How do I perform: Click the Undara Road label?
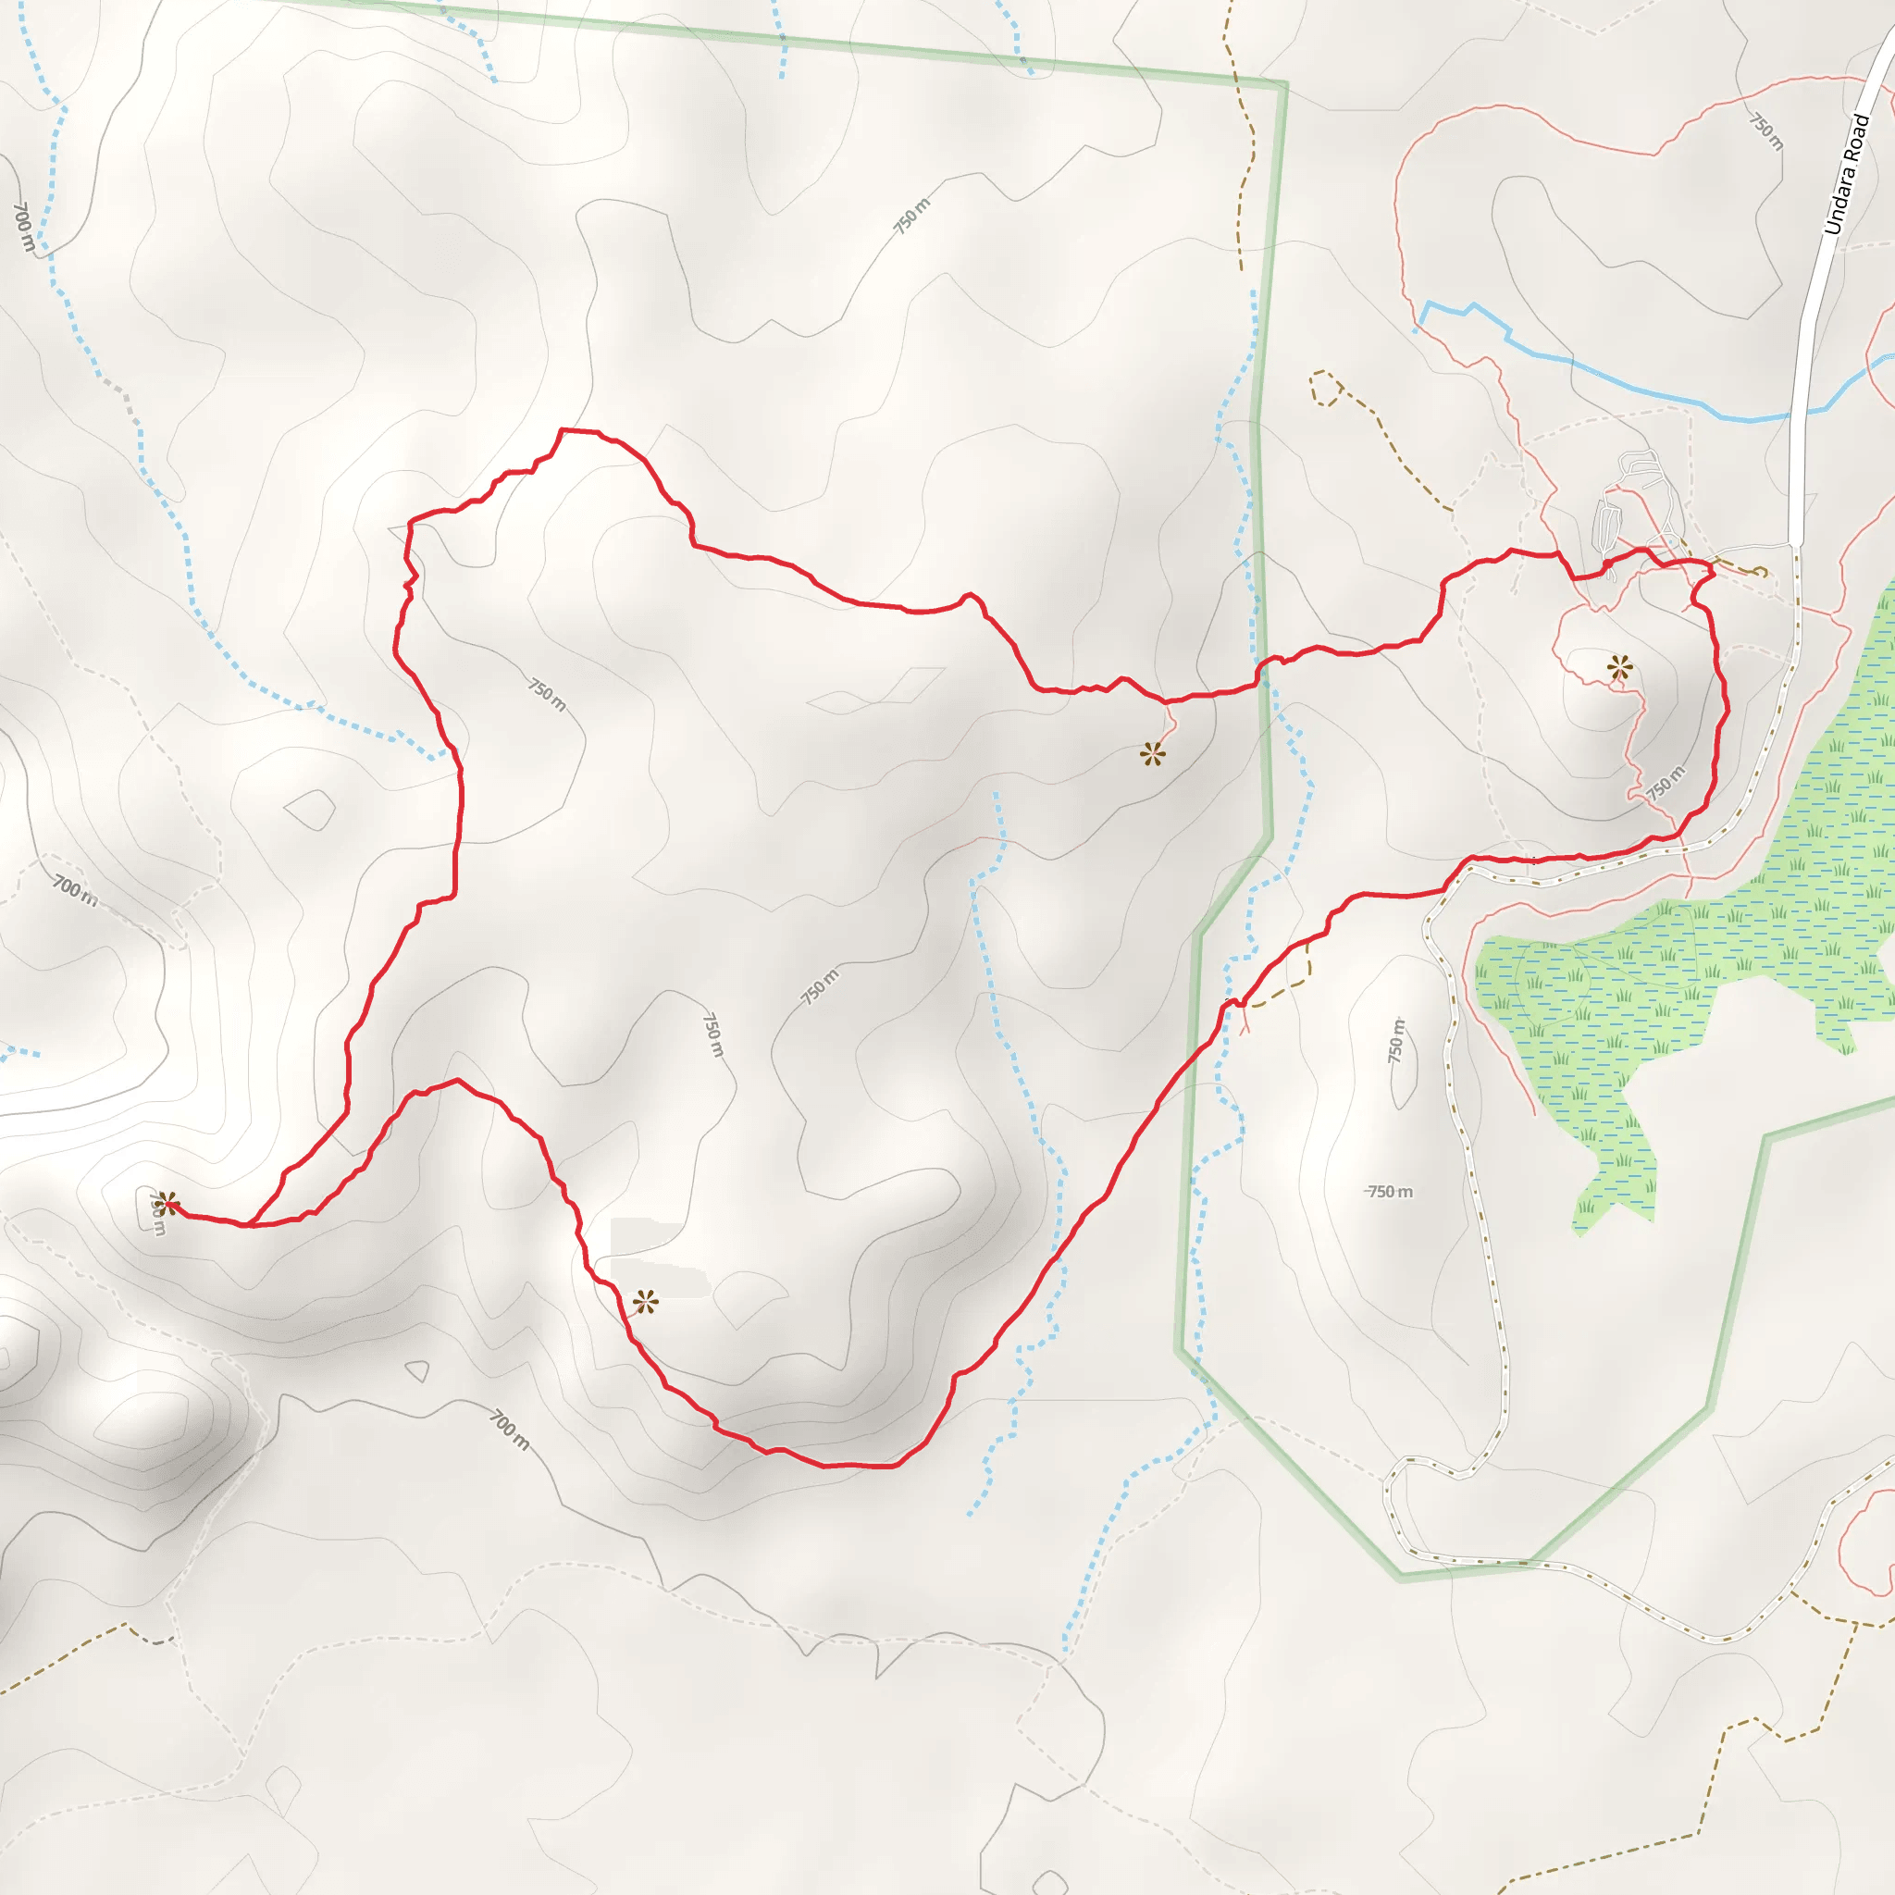(x=1847, y=175)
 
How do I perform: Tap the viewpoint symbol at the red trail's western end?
(x=166, y=1204)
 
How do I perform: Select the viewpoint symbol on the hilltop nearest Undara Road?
(x=1619, y=669)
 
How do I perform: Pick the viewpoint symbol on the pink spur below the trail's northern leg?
(x=1153, y=754)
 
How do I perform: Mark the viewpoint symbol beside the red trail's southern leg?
(x=644, y=1303)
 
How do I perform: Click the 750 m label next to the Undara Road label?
(x=1766, y=130)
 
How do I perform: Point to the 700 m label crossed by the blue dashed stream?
(x=23, y=228)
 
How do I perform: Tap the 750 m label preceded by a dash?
(x=1390, y=1192)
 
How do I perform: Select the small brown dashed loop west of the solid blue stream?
(x=1324, y=388)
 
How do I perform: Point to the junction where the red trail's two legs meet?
(x=252, y=1224)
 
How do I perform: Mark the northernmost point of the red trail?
(x=562, y=429)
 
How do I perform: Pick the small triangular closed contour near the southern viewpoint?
(x=418, y=1369)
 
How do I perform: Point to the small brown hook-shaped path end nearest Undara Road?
(x=1762, y=571)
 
